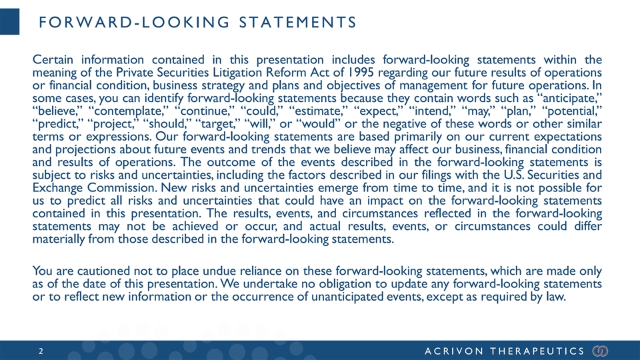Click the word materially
pyautogui.click(x=61, y=240)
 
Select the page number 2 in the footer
pyautogui.click(x=41, y=349)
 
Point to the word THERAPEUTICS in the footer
pyautogui.click(x=541, y=349)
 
